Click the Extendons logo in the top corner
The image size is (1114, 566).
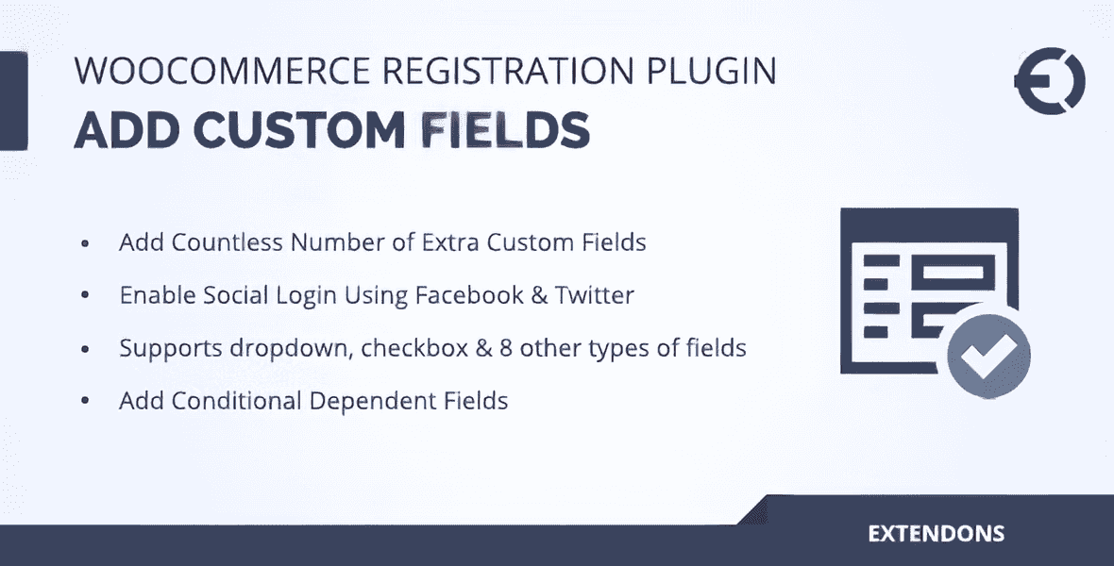(1049, 82)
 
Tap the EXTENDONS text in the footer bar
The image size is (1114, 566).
(936, 534)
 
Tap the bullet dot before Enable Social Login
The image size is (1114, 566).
(86, 296)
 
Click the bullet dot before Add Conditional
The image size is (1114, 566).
(86, 402)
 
